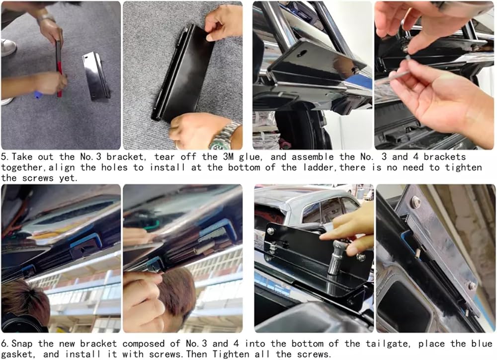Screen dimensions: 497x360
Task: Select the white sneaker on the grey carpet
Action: [x=8, y=48]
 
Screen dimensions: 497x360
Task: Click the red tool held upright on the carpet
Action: [x=59, y=68]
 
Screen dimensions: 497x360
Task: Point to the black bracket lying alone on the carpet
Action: [x=96, y=76]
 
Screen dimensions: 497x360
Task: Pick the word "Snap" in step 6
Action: [x=22, y=344]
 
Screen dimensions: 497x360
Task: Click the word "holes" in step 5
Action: [x=114, y=167]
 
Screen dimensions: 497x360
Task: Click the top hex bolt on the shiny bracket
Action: [x=415, y=202]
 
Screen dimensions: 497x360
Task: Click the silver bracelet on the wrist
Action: [x=46, y=17]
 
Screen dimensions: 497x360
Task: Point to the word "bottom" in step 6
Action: [x=307, y=344]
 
